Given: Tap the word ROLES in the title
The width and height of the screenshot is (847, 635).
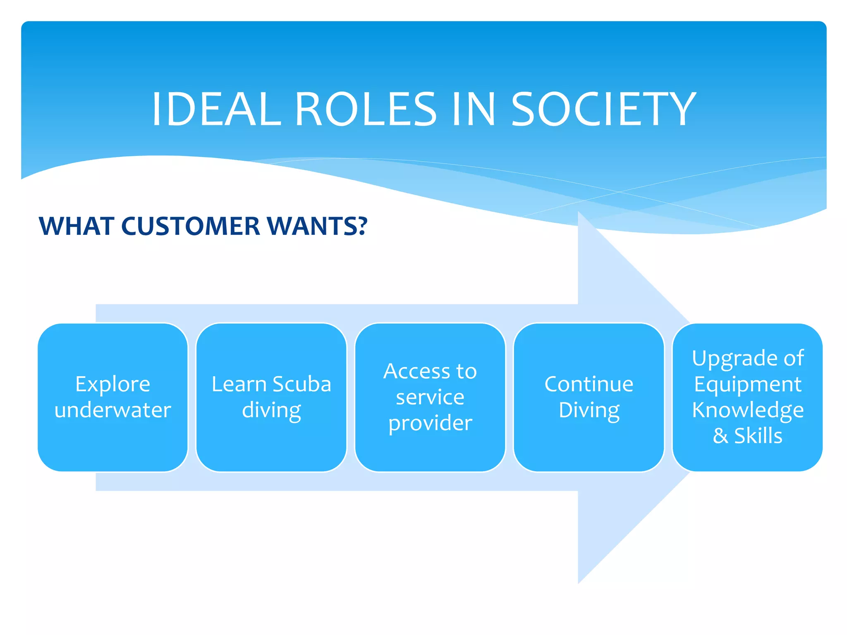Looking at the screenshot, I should [x=366, y=110].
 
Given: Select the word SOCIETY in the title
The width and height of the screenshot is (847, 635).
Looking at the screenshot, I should [x=603, y=110].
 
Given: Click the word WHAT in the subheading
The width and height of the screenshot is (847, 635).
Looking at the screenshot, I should [x=76, y=226].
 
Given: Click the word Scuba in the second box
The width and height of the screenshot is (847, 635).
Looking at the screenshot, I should [x=301, y=384].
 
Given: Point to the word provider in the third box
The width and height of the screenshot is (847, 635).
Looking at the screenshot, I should [x=430, y=423].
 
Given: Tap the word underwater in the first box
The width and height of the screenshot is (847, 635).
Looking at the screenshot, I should [x=112, y=410].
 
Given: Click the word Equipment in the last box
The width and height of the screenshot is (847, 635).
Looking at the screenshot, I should [x=748, y=384].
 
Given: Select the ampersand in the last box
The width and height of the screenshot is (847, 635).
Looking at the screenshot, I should [x=720, y=436].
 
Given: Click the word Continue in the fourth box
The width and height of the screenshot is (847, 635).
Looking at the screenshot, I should [x=589, y=384].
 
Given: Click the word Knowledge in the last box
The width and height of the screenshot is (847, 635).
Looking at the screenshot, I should [x=748, y=410].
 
